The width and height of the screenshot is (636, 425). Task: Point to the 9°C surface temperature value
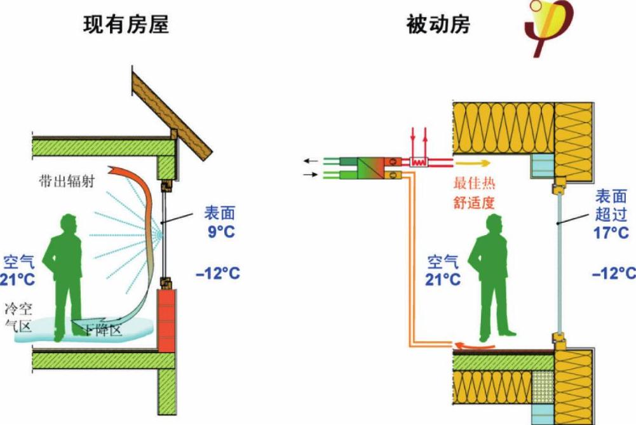click(219, 232)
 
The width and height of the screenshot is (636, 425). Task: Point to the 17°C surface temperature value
click(611, 233)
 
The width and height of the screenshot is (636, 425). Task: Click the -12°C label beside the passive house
click(613, 274)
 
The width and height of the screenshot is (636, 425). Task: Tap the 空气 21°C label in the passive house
click(443, 271)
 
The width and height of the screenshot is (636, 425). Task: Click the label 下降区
click(101, 330)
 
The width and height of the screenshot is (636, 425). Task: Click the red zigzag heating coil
click(419, 161)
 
